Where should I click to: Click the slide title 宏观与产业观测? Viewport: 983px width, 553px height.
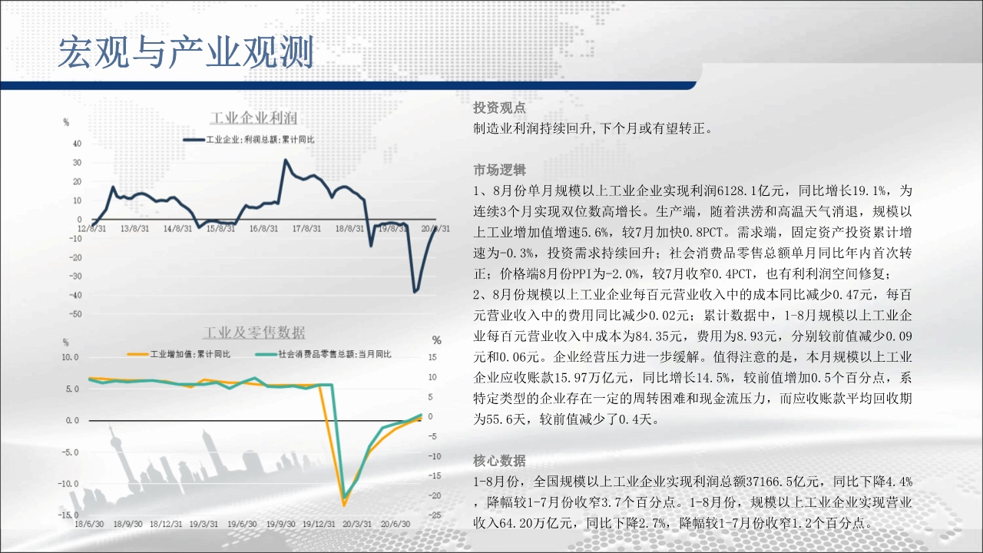pyautogui.click(x=186, y=52)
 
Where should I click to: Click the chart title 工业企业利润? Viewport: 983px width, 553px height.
pyautogui.click(x=253, y=118)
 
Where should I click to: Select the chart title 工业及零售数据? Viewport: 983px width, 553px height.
pyautogui.click(x=254, y=333)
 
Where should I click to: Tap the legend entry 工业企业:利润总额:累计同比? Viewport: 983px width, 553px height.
pyautogui.click(x=249, y=140)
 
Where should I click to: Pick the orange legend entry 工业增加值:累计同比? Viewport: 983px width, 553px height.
pyautogui.click(x=179, y=354)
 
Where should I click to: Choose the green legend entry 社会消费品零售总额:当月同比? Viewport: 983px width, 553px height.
pyautogui.click(x=323, y=354)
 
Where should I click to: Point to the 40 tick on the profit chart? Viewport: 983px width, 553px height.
pyautogui.click(x=78, y=144)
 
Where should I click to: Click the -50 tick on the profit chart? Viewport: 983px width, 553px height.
pyautogui.click(x=75, y=314)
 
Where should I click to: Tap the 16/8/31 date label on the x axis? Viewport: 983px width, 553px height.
pyautogui.click(x=263, y=229)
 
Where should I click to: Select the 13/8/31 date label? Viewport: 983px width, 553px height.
pyautogui.click(x=134, y=229)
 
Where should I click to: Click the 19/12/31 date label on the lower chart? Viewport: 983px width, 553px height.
pyautogui.click(x=319, y=524)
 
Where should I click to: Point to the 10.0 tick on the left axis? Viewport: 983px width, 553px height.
pyautogui.click(x=70, y=357)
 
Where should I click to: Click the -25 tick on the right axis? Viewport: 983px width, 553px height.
pyautogui.click(x=435, y=515)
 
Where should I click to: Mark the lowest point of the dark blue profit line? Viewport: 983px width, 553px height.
pyautogui.click(x=415, y=291)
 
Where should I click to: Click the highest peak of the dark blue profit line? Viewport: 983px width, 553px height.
pyautogui.click(x=286, y=161)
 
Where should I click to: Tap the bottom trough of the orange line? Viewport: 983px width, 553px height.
pyautogui.click(x=344, y=505)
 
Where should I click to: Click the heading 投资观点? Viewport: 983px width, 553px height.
pyautogui.click(x=499, y=108)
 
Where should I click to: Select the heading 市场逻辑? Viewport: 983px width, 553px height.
pyautogui.click(x=499, y=170)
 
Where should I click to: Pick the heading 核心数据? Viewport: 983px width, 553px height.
pyautogui.click(x=499, y=461)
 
